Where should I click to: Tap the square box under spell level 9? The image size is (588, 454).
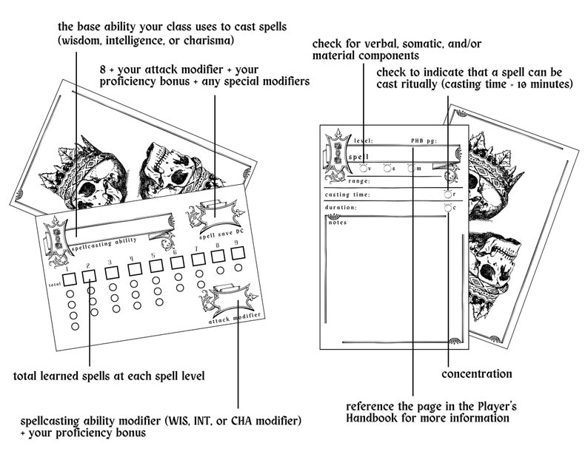point(238,254)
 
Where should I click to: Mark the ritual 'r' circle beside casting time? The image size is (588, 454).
point(448,194)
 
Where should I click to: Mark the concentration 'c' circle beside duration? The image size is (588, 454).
point(448,208)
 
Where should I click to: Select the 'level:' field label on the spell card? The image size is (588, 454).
point(363,140)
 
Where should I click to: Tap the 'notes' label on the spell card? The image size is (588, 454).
point(338,223)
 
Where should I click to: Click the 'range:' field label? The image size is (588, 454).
point(359,180)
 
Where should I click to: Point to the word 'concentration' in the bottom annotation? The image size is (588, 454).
point(476,374)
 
